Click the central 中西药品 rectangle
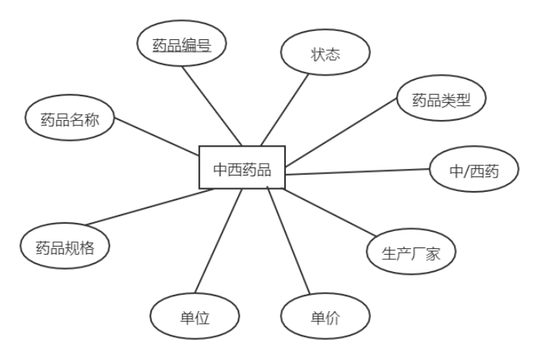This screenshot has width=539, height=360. (242, 167)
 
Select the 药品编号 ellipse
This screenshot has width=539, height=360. (181, 45)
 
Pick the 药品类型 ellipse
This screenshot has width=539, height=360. (441, 99)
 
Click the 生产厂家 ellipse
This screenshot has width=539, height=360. (412, 253)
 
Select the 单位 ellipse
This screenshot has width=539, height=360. (195, 318)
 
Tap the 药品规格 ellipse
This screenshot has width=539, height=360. (65, 247)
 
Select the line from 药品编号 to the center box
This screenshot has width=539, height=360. (212, 104)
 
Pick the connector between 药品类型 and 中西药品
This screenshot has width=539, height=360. (342, 133)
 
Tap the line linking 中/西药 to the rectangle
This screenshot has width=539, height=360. (358, 173)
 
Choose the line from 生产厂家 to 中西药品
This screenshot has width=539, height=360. (328, 215)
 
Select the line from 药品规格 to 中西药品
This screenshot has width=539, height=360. (148, 207)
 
